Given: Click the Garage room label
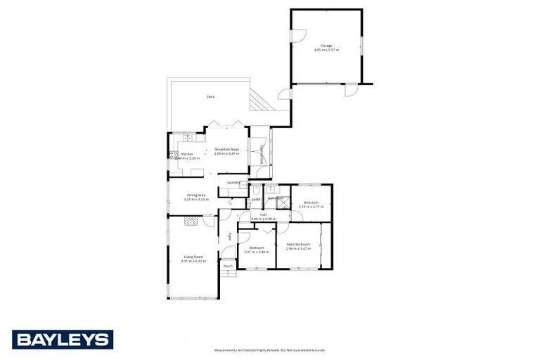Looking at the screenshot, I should pyautogui.click(x=326, y=46).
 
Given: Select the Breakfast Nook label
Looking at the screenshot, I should pyautogui.click(x=226, y=149).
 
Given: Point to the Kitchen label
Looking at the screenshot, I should pyautogui.click(x=187, y=154).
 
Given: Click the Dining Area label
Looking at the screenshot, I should pyautogui.click(x=196, y=195).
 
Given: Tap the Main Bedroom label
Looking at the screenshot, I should pyautogui.click(x=298, y=244).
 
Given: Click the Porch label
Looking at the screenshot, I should pyautogui.click(x=227, y=266).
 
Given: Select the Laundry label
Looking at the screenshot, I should pyautogui.click(x=233, y=183).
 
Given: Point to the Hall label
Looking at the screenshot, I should pyautogui.click(x=263, y=214).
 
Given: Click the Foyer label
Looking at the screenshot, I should pyautogui.click(x=229, y=236).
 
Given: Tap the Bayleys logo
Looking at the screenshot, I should pyautogui.click(x=62, y=340).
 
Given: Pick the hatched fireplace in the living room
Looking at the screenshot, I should pyautogui.click(x=191, y=221).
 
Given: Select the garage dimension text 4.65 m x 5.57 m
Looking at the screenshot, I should pyautogui.click(x=326, y=50).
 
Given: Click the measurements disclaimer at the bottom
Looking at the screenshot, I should pyautogui.click(x=270, y=349).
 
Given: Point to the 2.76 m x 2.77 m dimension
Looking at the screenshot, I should pyautogui.click(x=311, y=207).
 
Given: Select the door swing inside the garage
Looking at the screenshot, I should pyautogui.click(x=298, y=35).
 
